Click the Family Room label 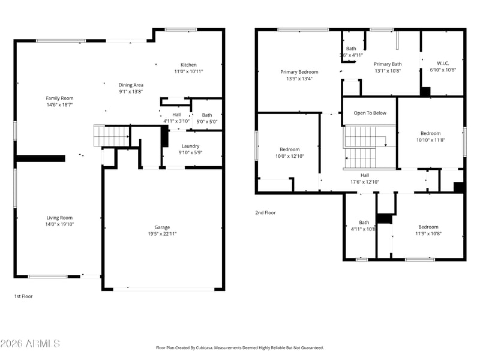coord(59,98)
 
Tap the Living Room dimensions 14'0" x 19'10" coord(59,224)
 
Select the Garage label coord(162,227)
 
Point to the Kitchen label coord(188,65)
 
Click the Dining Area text coord(131,85)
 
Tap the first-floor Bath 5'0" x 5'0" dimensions coord(207,121)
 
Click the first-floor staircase coord(112,136)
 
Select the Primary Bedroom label coord(299,71)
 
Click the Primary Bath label coord(388,64)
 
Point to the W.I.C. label coord(443,63)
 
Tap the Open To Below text coord(370,113)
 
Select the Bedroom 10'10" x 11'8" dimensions coord(430,140)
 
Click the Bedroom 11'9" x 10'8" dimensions coord(428,233)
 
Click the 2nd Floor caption coord(265,212)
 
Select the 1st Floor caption coord(24,296)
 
